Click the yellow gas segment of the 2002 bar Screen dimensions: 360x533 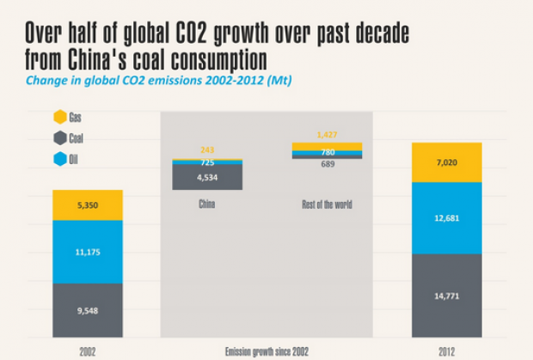click(88, 205)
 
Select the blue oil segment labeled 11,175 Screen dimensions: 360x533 click(88, 251)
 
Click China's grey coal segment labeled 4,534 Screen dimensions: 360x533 click(207, 178)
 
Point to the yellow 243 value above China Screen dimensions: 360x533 click(207, 150)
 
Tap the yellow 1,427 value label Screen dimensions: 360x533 click(328, 135)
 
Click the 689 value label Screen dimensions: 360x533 click(328, 163)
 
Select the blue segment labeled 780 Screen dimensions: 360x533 click(328, 151)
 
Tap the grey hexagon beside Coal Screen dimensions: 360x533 click(59, 137)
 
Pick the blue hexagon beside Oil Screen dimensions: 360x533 click(59, 158)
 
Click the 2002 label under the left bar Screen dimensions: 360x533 click(88, 351)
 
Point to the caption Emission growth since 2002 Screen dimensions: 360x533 click(266, 351)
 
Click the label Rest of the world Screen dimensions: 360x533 click(328, 204)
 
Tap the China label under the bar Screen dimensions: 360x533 click(207, 204)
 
